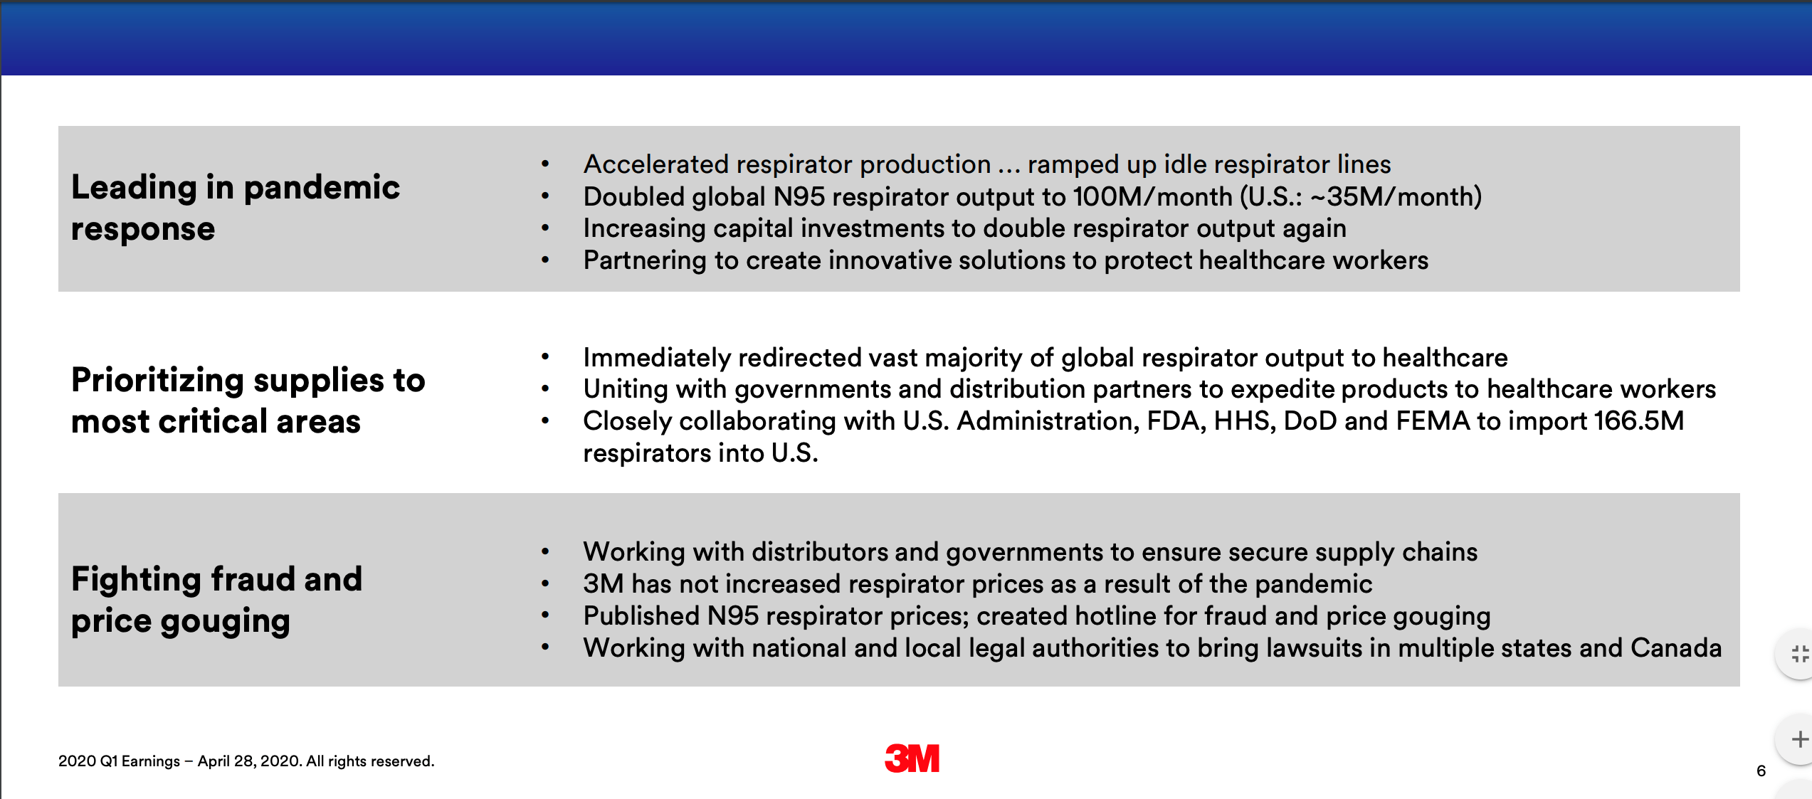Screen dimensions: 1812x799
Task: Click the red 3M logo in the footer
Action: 912,758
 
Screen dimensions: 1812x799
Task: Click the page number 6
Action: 1761,771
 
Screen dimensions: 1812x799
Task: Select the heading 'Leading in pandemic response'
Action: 236,208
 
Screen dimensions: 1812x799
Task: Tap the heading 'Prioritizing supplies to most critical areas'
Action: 248,401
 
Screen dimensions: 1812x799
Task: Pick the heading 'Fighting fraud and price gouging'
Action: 217,600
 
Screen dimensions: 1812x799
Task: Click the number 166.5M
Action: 1638,421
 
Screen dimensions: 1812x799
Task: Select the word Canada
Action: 1676,648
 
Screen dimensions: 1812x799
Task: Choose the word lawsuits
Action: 1322,648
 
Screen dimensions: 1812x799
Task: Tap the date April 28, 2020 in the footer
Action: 249,761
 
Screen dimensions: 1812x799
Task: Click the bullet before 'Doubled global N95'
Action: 545,196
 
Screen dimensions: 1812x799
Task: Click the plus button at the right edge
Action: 1800,739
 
